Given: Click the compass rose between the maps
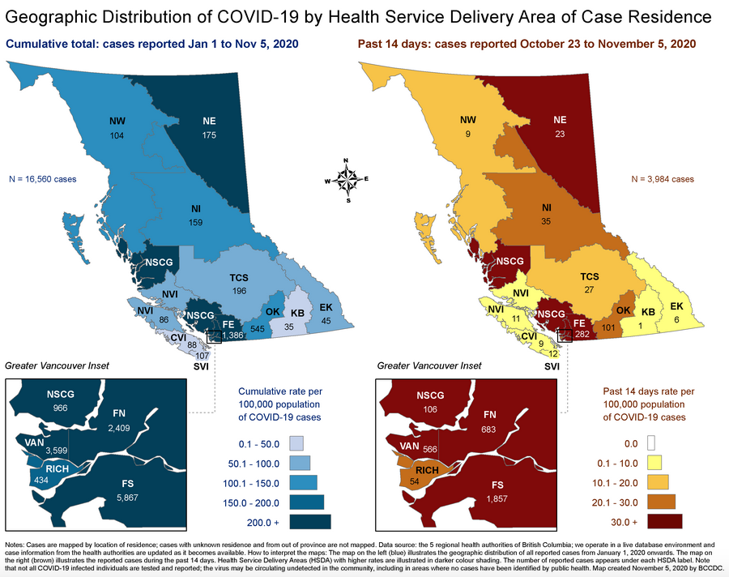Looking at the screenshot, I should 347,179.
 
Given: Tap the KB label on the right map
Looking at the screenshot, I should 647,312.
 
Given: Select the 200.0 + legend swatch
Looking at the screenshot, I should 309,522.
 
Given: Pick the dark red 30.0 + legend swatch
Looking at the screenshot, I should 659,520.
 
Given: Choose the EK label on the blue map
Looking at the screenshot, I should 326,307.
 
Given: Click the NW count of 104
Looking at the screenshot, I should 117,135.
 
